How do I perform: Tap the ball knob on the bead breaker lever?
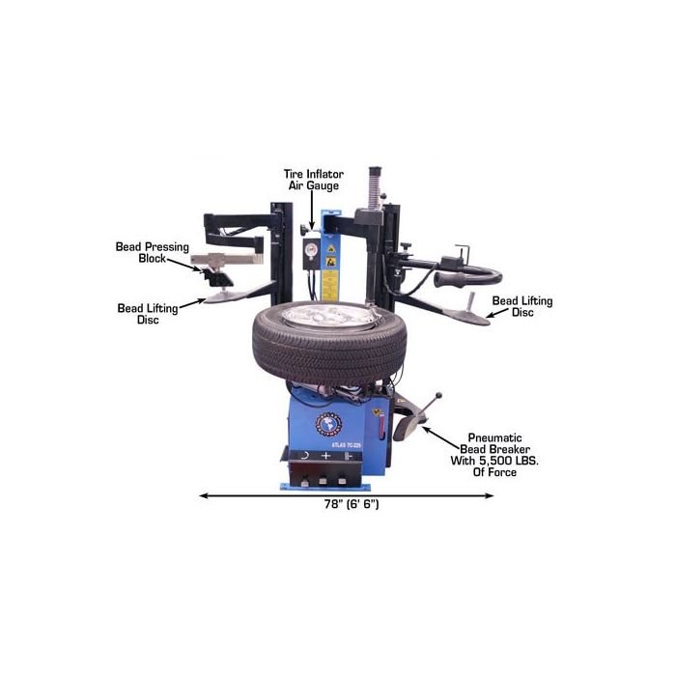pyautogui.click(x=440, y=394)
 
